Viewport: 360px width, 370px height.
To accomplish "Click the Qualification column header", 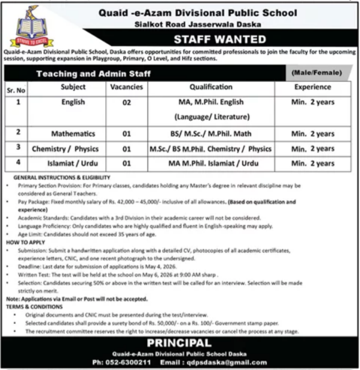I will coord(210,87).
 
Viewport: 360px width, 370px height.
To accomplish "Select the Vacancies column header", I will coord(126,87).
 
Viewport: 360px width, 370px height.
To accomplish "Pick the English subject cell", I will coord(74,102).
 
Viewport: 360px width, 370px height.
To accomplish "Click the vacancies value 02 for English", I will coord(126,102).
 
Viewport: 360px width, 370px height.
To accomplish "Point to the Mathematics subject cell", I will coord(74,133).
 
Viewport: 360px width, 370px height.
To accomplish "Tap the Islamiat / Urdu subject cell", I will coord(74,163).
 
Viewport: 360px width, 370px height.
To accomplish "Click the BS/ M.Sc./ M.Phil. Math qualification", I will coord(210,133).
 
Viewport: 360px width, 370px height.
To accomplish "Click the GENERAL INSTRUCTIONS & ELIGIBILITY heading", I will coord(58,178).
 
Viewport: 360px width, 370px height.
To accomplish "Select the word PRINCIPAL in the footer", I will coord(179,343).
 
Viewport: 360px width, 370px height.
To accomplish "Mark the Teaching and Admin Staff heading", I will coord(94,74).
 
